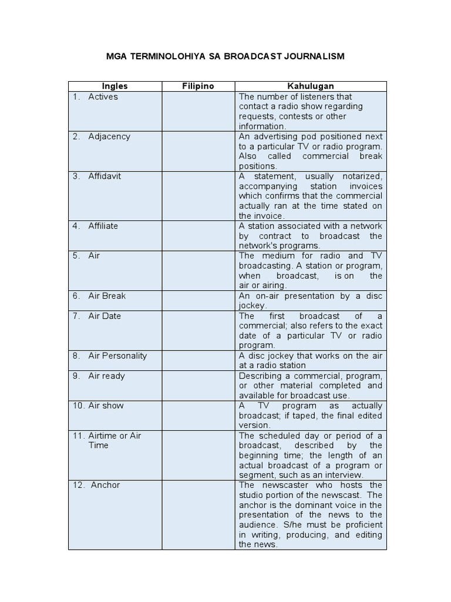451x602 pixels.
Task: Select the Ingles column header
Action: (115, 86)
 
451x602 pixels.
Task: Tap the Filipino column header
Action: (198, 86)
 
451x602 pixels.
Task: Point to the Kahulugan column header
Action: (310, 86)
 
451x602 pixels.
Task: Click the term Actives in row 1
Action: (103, 96)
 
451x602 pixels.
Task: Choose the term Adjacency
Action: (109, 136)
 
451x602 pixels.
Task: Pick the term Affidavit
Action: (105, 176)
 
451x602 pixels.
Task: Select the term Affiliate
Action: (103, 226)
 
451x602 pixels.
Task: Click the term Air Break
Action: (107, 296)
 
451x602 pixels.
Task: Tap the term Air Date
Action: (105, 316)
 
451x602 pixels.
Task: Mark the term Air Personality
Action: (117, 356)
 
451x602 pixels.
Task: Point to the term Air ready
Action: (106, 376)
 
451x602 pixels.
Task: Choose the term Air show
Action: (106, 406)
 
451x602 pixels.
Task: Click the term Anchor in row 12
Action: (105, 485)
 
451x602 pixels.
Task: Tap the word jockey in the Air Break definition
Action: (253, 306)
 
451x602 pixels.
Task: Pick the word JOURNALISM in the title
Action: (312, 56)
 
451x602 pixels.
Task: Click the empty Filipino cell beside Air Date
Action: (198, 330)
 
